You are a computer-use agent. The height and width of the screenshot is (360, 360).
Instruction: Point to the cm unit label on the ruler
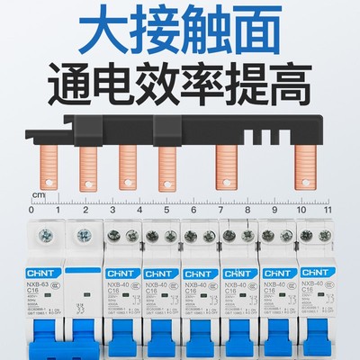click(x=38, y=194)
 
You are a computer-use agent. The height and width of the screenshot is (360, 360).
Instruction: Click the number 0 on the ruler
click(x=31, y=210)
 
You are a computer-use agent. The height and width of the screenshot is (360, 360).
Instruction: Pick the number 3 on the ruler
click(x=112, y=210)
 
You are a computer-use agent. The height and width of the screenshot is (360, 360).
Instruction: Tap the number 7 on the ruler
click(x=221, y=210)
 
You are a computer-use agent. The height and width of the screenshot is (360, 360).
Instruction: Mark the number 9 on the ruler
click(x=275, y=210)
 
